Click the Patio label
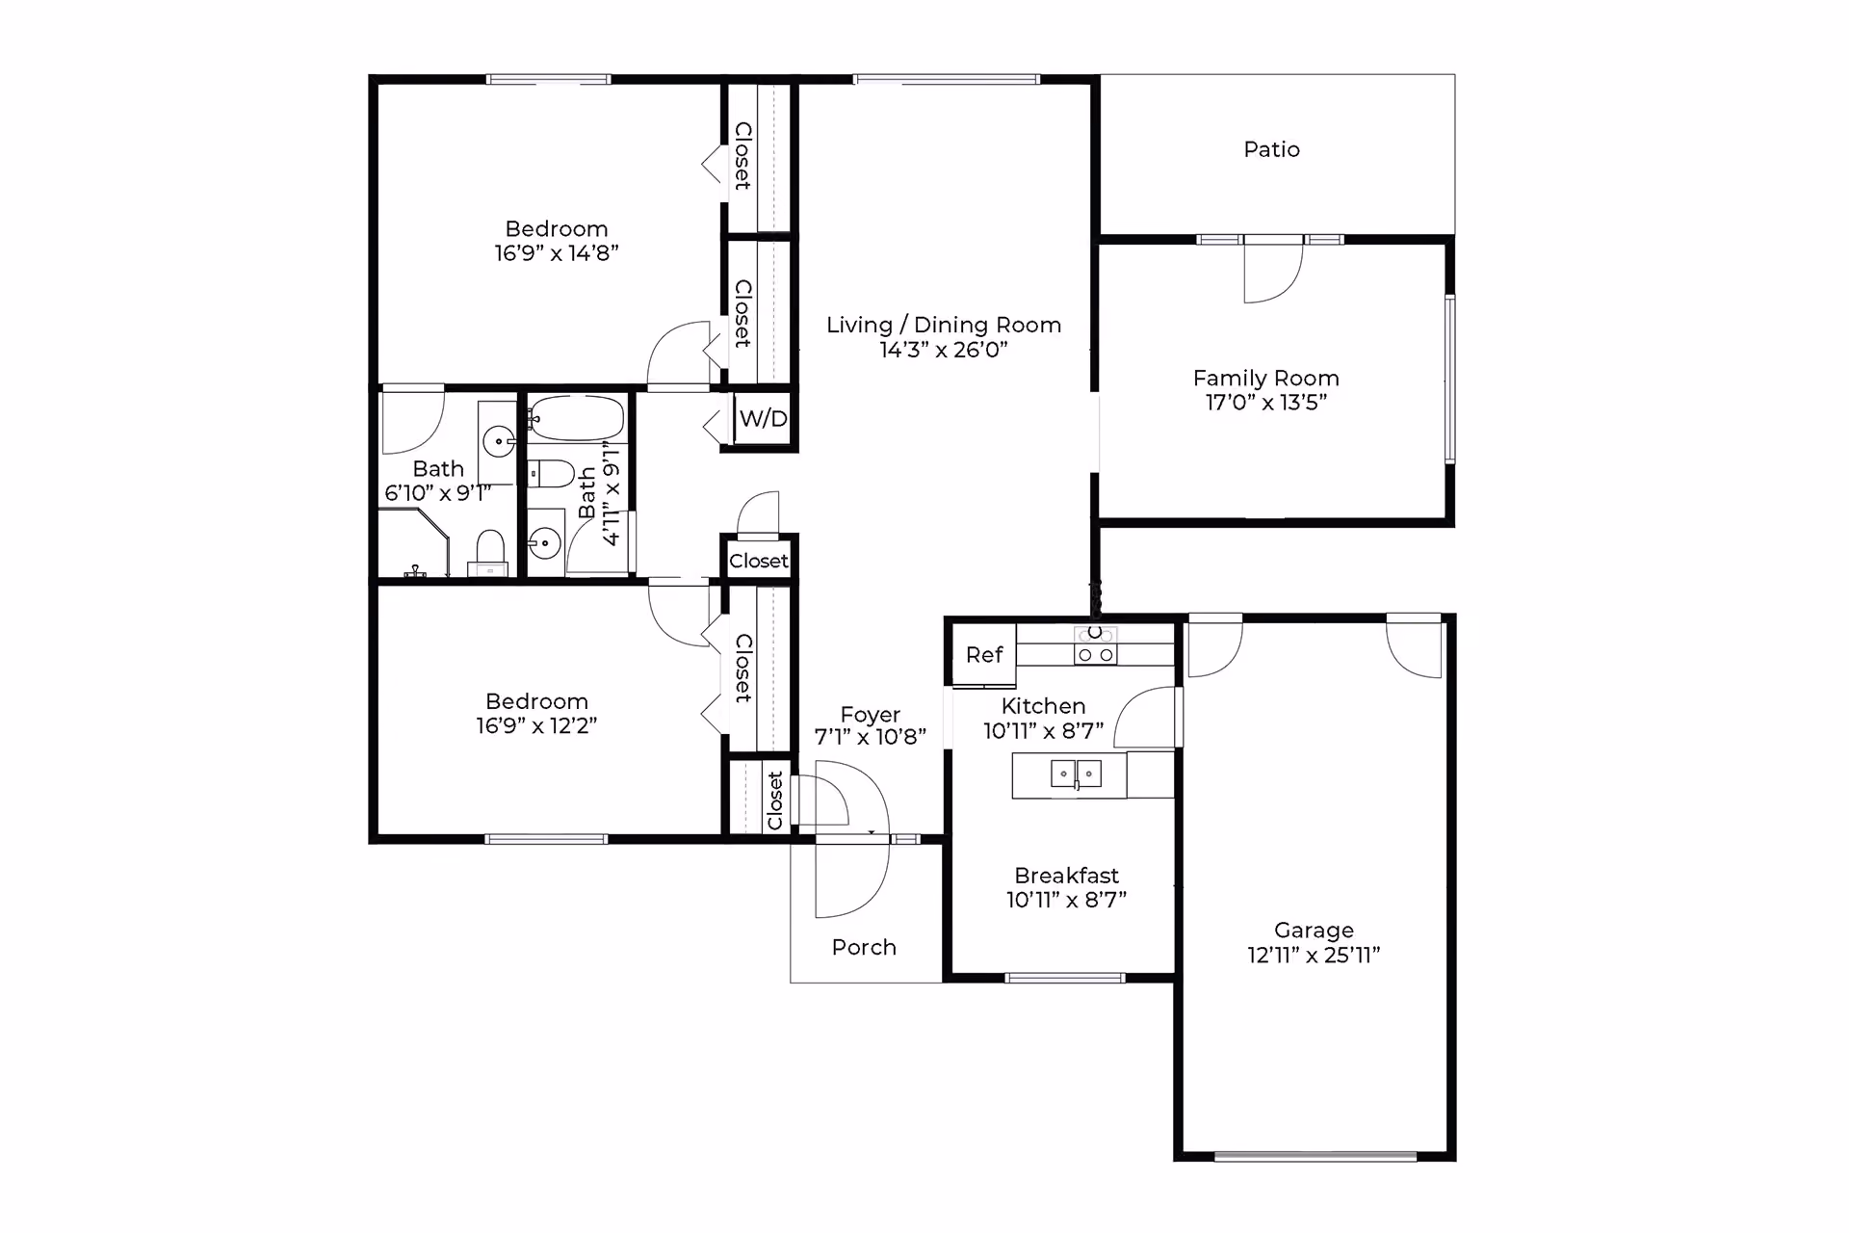tap(1271, 149)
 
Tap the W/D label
tap(763, 419)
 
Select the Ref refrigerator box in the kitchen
tap(984, 655)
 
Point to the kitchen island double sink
tap(1076, 774)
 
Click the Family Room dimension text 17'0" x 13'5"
tap(1265, 403)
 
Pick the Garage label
tap(1314, 931)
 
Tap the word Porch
tap(864, 948)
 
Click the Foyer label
tap(870, 715)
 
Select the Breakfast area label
tap(1066, 876)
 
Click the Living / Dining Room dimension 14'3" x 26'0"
tap(944, 350)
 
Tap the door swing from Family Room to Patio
tap(1273, 274)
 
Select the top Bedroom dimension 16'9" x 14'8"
tap(557, 253)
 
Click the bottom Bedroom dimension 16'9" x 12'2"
tap(536, 725)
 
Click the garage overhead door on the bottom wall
tap(1315, 1156)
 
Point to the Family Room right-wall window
tap(1449, 380)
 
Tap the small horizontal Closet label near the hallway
tap(759, 562)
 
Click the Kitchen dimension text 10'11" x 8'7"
tap(1043, 731)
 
